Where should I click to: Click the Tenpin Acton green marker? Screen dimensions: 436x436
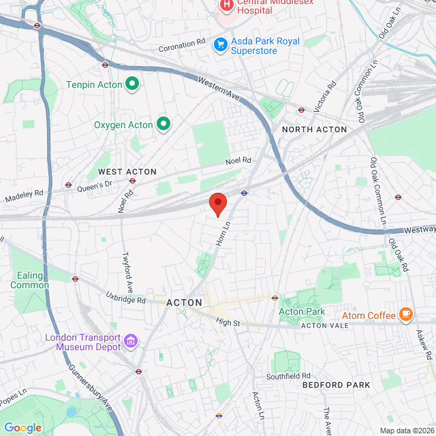pos(132,84)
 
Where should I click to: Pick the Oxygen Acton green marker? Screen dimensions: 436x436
pos(163,124)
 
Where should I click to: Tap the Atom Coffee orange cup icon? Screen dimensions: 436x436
pos(406,315)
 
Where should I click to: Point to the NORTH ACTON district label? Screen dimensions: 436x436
pos(314,129)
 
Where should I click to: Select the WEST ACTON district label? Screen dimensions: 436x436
pos(127,172)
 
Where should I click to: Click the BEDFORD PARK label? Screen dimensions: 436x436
pos(337,385)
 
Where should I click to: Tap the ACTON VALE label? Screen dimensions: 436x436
pos(325,326)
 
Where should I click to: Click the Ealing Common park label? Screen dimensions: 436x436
pos(29,280)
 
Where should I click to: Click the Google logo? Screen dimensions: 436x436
pos(22,428)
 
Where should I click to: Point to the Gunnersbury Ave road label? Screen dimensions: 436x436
pos(99,396)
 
